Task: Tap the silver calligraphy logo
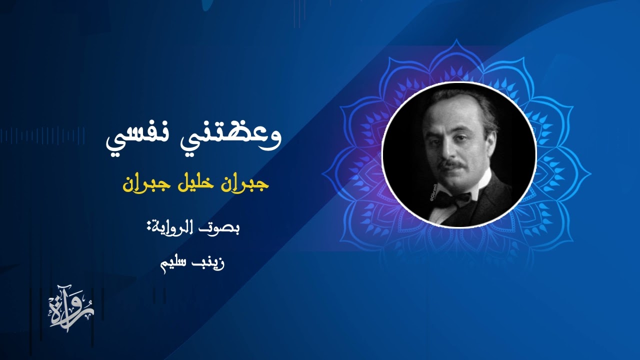[71, 308]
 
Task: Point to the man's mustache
[452, 164]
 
